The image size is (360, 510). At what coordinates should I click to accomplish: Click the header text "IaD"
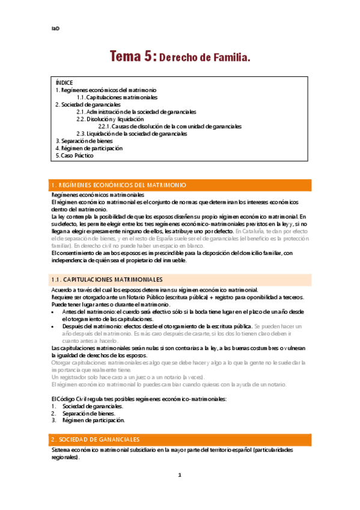(55, 29)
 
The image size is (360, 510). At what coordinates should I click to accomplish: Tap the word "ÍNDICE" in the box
(64, 82)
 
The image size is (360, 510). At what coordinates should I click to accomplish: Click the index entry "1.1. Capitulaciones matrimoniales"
(117, 97)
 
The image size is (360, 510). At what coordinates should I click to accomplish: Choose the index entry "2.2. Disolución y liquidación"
(114, 119)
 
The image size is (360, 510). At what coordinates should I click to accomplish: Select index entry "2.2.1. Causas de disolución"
(170, 126)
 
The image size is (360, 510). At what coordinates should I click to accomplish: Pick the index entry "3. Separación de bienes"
(84, 141)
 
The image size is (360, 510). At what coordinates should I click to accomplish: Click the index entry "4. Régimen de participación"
(89, 148)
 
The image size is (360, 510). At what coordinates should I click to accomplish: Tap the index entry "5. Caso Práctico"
(75, 155)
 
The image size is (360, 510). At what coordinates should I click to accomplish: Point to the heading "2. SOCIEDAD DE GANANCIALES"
(96, 440)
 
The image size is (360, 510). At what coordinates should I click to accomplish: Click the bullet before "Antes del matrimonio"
(54, 312)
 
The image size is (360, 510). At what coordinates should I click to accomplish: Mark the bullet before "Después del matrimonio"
(54, 326)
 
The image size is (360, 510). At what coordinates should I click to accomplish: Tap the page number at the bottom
(180, 491)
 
